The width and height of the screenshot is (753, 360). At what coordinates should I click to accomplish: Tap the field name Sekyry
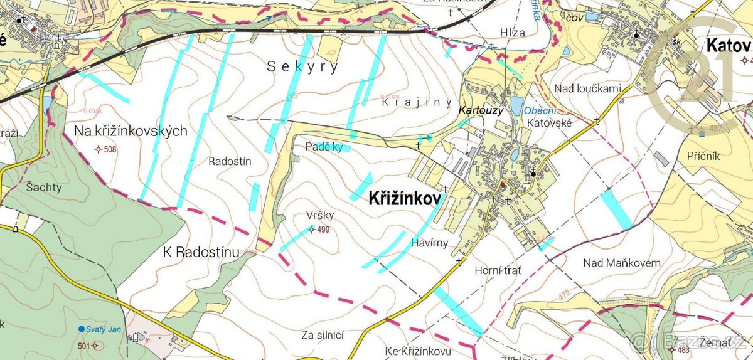click(303, 66)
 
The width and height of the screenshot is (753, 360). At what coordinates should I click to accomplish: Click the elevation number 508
click(110, 149)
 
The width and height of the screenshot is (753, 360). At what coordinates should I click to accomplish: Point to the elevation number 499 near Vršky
click(323, 230)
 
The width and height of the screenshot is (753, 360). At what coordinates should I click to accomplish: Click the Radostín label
click(230, 161)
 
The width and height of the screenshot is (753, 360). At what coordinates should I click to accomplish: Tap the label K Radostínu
click(201, 253)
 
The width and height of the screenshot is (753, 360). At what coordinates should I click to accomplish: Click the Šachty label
click(45, 187)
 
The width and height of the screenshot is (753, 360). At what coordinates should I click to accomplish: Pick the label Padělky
click(324, 147)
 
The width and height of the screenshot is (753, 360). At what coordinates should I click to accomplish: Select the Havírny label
click(430, 243)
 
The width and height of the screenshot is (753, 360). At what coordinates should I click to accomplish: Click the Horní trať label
click(498, 270)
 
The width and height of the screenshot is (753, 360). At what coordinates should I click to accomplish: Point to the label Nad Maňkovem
click(622, 263)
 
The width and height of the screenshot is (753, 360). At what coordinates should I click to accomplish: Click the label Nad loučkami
click(587, 88)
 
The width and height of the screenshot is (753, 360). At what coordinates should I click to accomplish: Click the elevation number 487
click(716, 129)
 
